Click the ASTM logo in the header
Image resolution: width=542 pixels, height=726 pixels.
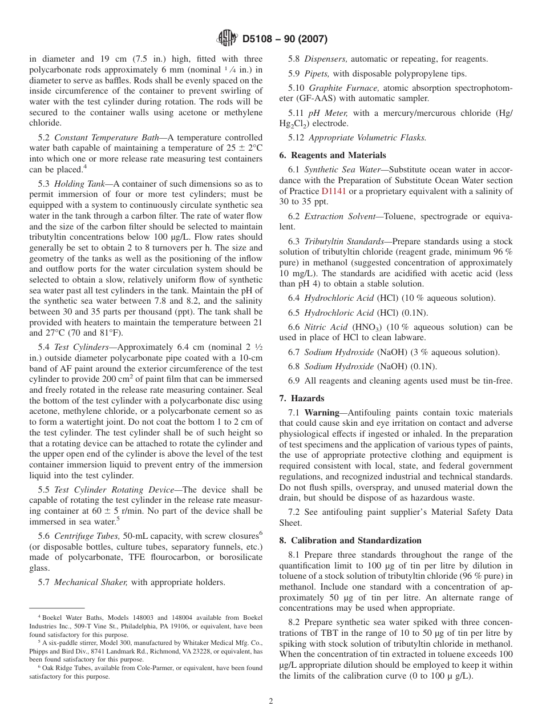pyautogui.click(x=228, y=39)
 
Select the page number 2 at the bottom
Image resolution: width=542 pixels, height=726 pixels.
pyautogui.click(x=271, y=701)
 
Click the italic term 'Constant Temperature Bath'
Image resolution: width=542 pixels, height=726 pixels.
pyautogui.click(x=102, y=138)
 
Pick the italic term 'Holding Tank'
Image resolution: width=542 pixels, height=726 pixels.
pyautogui.click(x=80, y=184)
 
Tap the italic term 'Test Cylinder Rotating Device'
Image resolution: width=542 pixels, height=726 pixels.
pyautogui.click(x=117, y=490)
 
